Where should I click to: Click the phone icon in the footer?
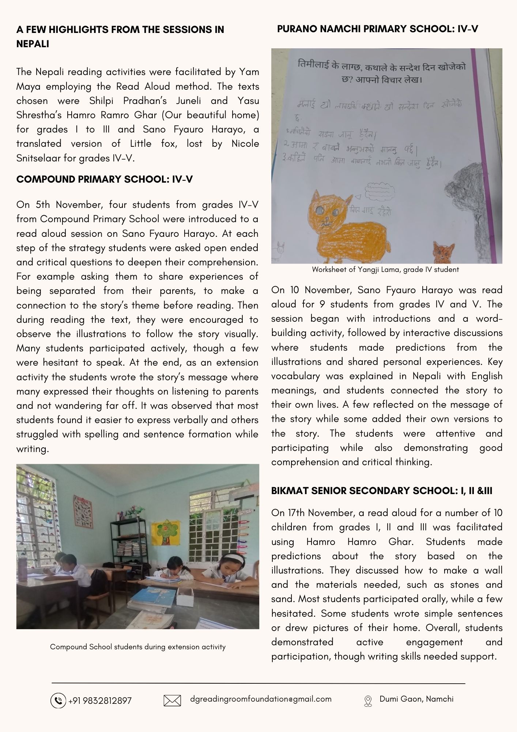(x=58, y=701)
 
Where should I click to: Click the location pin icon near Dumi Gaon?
(x=368, y=701)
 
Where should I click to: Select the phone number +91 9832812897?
(x=100, y=701)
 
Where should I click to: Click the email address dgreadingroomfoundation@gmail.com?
(x=261, y=699)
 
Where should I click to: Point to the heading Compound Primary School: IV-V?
(x=105, y=179)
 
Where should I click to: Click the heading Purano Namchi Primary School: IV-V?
(x=377, y=29)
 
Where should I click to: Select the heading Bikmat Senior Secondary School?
(x=381, y=491)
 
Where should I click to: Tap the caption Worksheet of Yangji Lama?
(x=385, y=270)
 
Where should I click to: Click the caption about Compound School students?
(x=137, y=647)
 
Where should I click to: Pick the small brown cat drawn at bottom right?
(x=443, y=251)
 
